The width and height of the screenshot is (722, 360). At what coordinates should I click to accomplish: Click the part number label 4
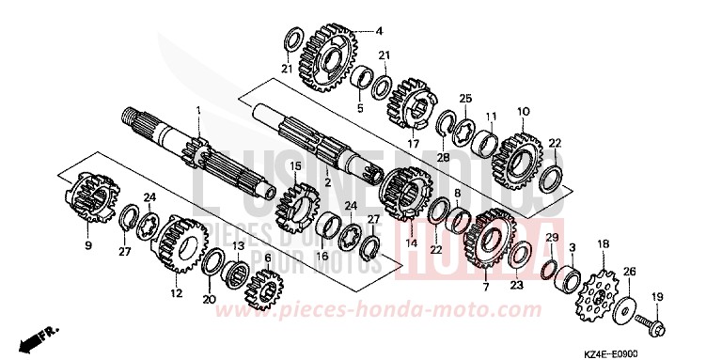380,31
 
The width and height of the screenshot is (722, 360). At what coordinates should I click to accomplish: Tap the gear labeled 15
298,209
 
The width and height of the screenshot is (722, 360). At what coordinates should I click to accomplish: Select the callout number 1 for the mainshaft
198,111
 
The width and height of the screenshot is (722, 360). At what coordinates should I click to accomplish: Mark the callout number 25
464,100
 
